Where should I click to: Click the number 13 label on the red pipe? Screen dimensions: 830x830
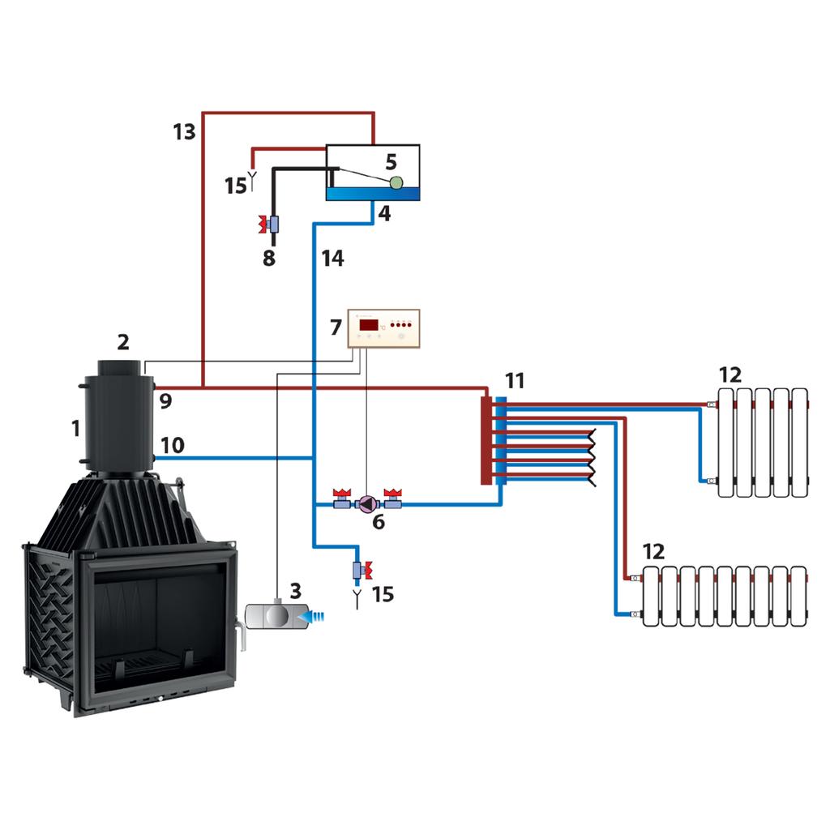coord(184,131)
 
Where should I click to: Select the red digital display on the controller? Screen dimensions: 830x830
coord(369,325)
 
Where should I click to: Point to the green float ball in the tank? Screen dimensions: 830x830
coord(396,183)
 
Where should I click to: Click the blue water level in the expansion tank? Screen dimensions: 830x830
coord(373,194)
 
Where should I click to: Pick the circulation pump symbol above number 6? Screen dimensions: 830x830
coord(366,504)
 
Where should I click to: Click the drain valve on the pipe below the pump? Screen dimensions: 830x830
coord(360,571)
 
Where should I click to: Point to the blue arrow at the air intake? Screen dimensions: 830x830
coord(312,617)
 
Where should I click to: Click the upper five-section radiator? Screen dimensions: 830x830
coord(761,443)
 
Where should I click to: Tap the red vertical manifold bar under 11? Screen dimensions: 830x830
coord(486,440)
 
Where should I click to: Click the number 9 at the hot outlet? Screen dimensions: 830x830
coord(165,400)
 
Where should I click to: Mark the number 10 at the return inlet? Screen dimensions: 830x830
coord(173,445)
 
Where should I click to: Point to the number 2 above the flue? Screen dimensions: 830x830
coord(123,342)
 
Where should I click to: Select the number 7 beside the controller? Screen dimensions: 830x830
coord(336,328)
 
